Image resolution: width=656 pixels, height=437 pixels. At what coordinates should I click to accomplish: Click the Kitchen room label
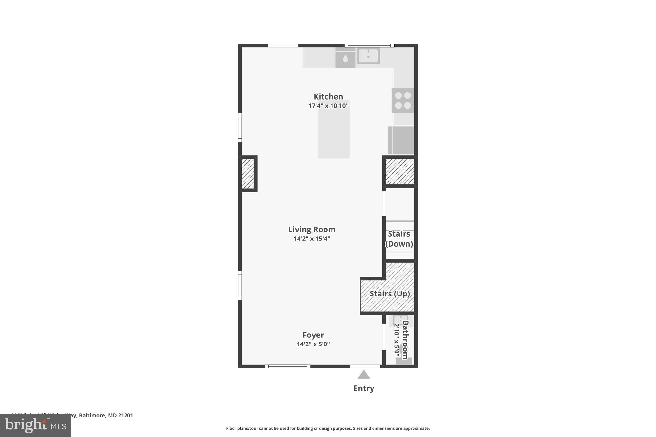[x=328, y=97]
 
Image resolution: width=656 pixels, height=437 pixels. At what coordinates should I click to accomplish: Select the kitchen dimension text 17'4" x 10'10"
[x=328, y=106]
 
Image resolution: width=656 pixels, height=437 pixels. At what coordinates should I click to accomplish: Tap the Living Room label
[x=312, y=230]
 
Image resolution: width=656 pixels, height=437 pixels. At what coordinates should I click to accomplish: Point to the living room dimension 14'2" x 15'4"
[x=312, y=239]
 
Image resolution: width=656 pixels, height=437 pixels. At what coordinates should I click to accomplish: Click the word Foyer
[x=313, y=335]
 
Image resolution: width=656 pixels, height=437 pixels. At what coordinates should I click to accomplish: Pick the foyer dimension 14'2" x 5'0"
[x=313, y=344]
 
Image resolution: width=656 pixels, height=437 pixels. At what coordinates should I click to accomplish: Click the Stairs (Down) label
[x=399, y=239]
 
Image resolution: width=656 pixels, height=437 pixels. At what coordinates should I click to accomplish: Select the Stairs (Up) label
[x=389, y=294]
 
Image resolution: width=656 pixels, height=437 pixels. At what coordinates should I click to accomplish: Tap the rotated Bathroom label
[x=405, y=339]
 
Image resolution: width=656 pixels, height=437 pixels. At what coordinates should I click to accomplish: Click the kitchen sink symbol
[x=368, y=56]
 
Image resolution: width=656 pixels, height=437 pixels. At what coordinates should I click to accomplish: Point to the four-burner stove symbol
[x=403, y=101]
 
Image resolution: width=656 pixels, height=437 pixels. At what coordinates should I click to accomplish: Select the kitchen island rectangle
[x=333, y=134]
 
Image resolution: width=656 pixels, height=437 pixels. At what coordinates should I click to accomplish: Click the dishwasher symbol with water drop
[x=345, y=59]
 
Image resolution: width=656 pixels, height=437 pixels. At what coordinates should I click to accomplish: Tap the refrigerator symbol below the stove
[x=401, y=140]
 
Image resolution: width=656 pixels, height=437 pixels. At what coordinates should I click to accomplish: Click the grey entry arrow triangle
[x=364, y=375]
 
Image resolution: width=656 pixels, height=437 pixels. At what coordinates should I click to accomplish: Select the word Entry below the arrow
[x=364, y=388]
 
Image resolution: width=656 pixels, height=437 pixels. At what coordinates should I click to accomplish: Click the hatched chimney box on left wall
[x=248, y=174]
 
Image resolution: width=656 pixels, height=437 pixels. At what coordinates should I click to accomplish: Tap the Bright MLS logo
[x=35, y=425]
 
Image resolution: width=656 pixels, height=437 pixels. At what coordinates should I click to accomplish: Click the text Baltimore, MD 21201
[x=106, y=415]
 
